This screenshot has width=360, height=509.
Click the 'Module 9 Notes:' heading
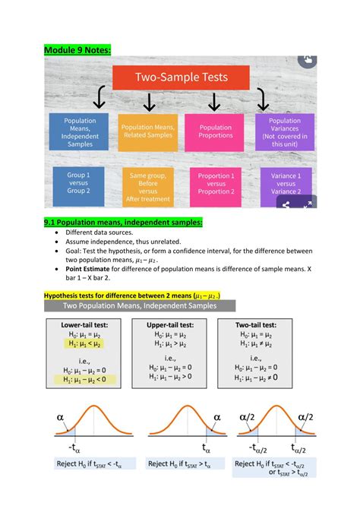click(x=77, y=50)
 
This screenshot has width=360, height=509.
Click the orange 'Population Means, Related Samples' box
click(x=147, y=131)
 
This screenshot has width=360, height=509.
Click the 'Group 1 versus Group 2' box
click(x=80, y=183)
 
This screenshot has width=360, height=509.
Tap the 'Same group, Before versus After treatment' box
click(x=147, y=186)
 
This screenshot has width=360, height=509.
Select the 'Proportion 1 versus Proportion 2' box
click(x=215, y=183)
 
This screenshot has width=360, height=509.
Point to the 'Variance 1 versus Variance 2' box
click(x=284, y=185)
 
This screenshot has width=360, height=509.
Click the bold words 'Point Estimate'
click(x=93, y=268)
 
